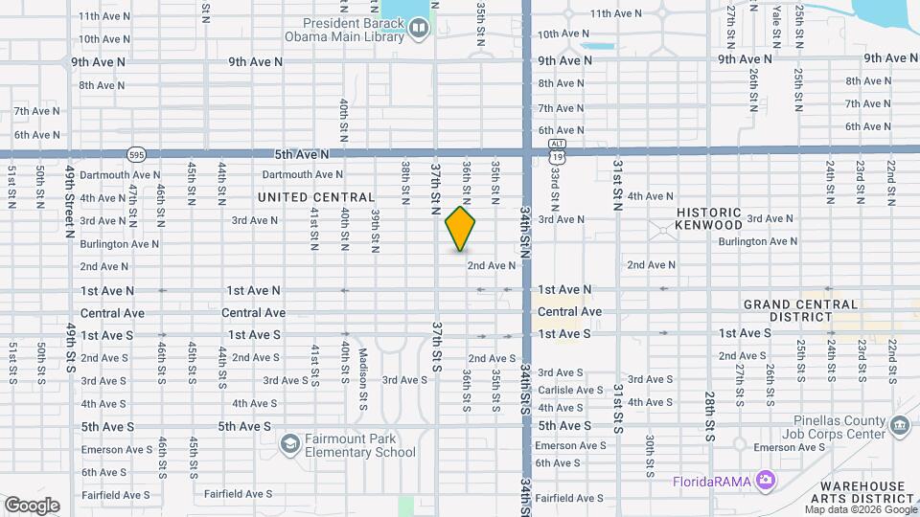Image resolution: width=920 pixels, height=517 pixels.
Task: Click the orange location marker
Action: (x=460, y=229)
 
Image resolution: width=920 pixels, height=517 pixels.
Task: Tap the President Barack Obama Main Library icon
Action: (x=418, y=29)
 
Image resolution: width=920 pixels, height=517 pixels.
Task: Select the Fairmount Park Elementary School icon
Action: (x=289, y=444)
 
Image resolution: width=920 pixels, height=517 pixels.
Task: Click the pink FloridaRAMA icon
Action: (x=765, y=479)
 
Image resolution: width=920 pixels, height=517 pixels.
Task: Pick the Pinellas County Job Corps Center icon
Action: (x=899, y=424)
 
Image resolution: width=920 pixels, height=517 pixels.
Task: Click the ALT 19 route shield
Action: (x=557, y=148)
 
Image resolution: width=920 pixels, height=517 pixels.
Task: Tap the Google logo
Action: (x=32, y=505)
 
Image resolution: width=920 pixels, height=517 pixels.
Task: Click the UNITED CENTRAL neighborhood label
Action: (x=316, y=197)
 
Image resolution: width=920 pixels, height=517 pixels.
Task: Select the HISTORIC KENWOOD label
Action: (x=709, y=218)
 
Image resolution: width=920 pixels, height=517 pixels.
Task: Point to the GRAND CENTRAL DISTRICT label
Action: (x=801, y=310)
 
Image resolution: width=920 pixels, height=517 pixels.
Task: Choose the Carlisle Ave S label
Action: (x=570, y=390)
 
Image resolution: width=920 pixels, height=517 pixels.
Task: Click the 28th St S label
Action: (x=709, y=409)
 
